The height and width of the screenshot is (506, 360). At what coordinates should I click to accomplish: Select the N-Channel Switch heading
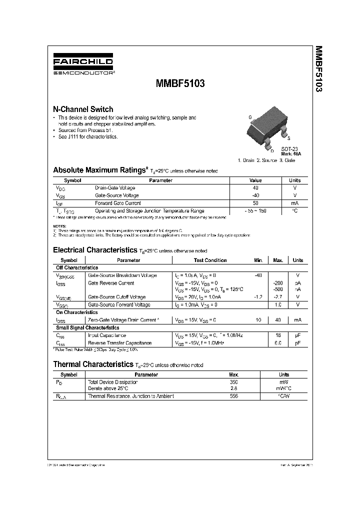coord(83,109)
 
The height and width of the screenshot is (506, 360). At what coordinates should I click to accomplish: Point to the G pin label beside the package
coord(250,117)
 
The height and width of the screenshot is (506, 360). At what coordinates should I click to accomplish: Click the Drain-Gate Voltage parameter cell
coord(115,188)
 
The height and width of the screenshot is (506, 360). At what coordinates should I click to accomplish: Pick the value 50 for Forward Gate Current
coord(255,203)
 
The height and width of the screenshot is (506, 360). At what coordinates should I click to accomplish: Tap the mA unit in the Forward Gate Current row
coord(295,203)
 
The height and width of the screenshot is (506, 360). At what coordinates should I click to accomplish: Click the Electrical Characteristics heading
coord(94,249)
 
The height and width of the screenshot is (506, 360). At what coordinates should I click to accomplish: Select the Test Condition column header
coord(210,260)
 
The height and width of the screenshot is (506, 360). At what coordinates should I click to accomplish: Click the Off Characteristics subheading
coord(77,268)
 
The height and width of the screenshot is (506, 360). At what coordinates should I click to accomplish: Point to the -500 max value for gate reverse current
coord(278,289)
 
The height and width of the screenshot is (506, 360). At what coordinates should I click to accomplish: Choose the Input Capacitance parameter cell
coord(107,335)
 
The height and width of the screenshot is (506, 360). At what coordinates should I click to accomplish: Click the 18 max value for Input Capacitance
coord(278,335)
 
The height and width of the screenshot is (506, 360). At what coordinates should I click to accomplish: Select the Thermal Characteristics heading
coord(93,364)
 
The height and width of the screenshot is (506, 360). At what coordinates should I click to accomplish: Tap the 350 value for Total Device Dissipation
coord(233,382)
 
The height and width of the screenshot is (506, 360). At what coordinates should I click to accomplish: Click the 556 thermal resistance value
coord(233,396)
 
